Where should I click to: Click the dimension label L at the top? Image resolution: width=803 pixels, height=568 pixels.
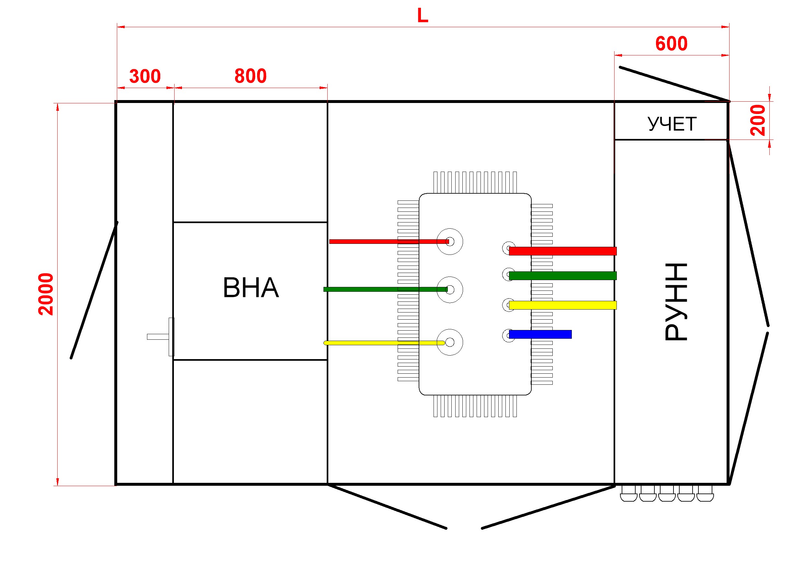(423, 16)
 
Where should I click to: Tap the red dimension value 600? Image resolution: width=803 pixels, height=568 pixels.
(672, 44)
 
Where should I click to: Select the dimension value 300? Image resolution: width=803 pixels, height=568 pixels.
(145, 76)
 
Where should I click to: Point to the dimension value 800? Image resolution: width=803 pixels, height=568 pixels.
(250, 76)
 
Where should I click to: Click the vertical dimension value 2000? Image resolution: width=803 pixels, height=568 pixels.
(46, 294)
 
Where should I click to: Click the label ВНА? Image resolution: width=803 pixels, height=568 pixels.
(251, 288)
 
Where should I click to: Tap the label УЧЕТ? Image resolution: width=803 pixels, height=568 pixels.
(672, 124)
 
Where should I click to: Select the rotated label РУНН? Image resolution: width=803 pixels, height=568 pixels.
(676, 301)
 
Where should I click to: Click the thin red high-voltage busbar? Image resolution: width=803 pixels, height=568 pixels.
(389, 241)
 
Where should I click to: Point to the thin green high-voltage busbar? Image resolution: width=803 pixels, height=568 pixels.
(385, 289)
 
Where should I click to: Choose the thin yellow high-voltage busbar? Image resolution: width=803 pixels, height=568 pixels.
(384, 343)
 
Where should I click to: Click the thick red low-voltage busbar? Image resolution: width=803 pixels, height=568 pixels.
(563, 251)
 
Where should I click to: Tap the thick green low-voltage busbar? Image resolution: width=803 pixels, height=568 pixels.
(563, 276)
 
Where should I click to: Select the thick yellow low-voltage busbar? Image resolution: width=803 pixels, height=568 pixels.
(563, 305)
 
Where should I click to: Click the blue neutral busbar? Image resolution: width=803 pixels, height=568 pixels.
(540, 335)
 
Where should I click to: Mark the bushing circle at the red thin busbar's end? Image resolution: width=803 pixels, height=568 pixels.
(450, 228)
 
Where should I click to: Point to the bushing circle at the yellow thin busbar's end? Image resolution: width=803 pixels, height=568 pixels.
(450, 329)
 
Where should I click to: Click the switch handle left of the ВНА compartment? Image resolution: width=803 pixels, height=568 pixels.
(161, 337)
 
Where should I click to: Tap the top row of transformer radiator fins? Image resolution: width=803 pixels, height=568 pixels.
(475, 182)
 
